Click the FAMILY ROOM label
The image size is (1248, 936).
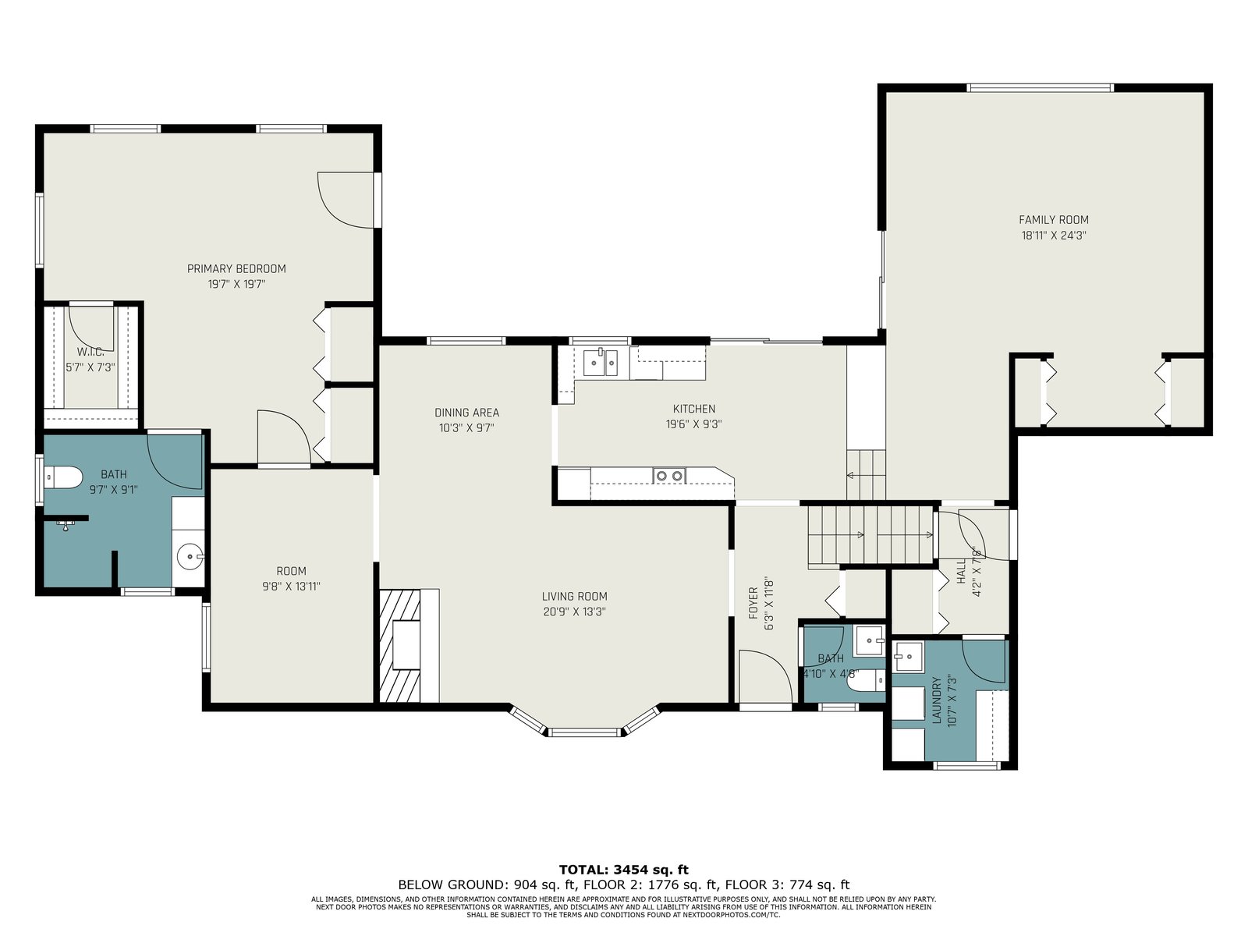coord(1053,219)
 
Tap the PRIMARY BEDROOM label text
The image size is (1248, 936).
coord(236,269)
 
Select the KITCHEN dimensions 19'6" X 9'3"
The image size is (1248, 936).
coord(693,424)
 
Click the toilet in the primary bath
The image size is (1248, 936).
coord(64,477)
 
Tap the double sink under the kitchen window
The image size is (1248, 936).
coord(601,363)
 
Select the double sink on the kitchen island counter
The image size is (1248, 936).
coord(670,475)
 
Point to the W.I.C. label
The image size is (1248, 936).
coord(90,353)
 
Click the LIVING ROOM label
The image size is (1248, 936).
coord(574,596)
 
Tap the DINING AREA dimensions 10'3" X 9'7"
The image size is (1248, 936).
coord(466,428)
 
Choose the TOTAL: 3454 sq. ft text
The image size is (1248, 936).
coord(623,870)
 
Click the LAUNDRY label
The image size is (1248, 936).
coord(937,700)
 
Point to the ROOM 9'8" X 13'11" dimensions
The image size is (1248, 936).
coord(291,587)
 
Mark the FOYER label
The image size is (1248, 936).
coord(753,603)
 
